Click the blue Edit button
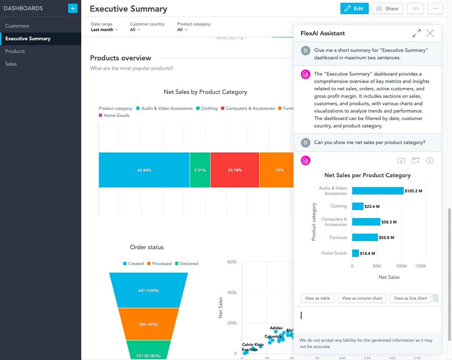[x=354, y=9]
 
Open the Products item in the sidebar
[x=15, y=51]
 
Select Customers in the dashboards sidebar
[x=17, y=26]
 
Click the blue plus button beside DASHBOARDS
[x=73, y=8]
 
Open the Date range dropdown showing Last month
[x=104, y=30]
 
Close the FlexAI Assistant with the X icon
[x=430, y=34]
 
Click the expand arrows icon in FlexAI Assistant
[x=417, y=34]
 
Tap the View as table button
[x=317, y=298]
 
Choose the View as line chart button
[x=410, y=298]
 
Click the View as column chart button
[x=362, y=298]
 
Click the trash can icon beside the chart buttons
[x=435, y=298]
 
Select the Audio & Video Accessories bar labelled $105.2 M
[x=377, y=191]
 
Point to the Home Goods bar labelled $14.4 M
[x=355, y=253]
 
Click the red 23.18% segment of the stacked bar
[x=235, y=170]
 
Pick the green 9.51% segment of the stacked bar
[x=200, y=170]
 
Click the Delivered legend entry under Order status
[x=186, y=264]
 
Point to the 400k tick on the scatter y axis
[x=231, y=293]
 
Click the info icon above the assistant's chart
[x=430, y=161]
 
